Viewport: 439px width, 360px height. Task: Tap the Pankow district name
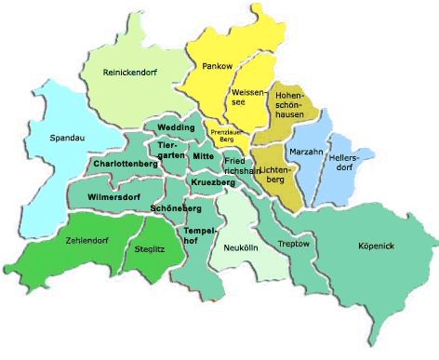[x=218, y=66]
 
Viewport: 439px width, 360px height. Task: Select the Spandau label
[x=66, y=139]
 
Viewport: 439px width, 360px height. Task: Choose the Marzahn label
[x=306, y=151]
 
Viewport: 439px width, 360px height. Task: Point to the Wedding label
[x=176, y=127]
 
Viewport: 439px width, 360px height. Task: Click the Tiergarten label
[x=171, y=151]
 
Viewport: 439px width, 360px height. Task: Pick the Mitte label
[x=204, y=156]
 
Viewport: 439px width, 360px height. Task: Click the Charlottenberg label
[x=126, y=164]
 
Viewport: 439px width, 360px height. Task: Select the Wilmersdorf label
[x=113, y=197]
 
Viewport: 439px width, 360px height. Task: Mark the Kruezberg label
[x=214, y=182]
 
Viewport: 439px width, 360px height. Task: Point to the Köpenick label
[x=377, y=246]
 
